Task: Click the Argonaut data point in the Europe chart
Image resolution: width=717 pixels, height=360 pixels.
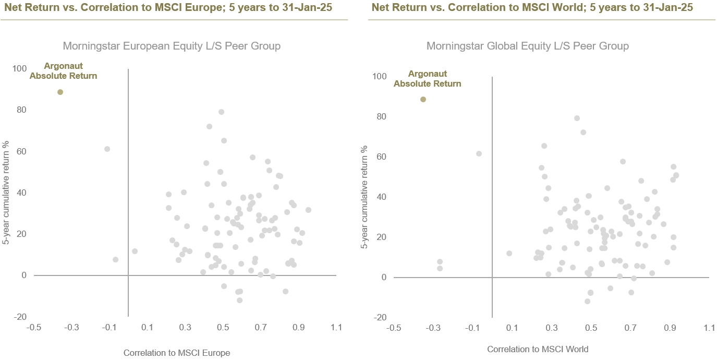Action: pyautogui.click(x=60, y=92)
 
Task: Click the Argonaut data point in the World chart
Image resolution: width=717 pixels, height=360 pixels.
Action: pyautogui.click(x=423, y=99)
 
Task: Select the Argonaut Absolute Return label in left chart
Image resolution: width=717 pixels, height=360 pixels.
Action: pyautogui.click(x=63, y=71)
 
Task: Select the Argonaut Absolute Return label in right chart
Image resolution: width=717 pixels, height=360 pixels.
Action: pyautogui.click(x=427, y=79)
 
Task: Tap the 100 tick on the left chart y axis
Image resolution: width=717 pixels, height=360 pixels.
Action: pyautogui.click(x=19, y=68)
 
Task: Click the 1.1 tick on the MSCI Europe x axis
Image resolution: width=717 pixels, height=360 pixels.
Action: pyautogui.click(x=336, y=327)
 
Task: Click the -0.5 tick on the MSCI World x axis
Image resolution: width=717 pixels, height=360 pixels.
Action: pyautogui.click(x=394, y=328)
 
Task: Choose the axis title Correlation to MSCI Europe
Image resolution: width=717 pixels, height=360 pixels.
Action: pyautogui.click(x=176, y=353)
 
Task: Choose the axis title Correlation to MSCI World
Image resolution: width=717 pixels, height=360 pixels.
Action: pyautogui.click(x=538, y=349)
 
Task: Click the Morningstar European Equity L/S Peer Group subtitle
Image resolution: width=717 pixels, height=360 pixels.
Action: pyautogui.click(x=172, y=46)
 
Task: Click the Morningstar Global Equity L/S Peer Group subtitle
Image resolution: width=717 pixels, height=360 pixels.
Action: pyautogui.click(x=527, y=46)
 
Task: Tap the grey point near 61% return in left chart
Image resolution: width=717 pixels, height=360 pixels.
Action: pyautogui.click(x=107, y=149)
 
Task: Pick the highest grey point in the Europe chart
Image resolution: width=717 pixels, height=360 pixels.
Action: pyautogui.click(x=221, y=112)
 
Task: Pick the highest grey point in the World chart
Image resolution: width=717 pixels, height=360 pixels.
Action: pyautogui.click(x=577, y=118)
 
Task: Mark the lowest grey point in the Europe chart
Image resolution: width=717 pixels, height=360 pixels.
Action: pyautogui.click(x=239, y=300)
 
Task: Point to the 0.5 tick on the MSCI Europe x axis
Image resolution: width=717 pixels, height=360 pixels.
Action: pyautogui.click(x=223, y=327)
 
